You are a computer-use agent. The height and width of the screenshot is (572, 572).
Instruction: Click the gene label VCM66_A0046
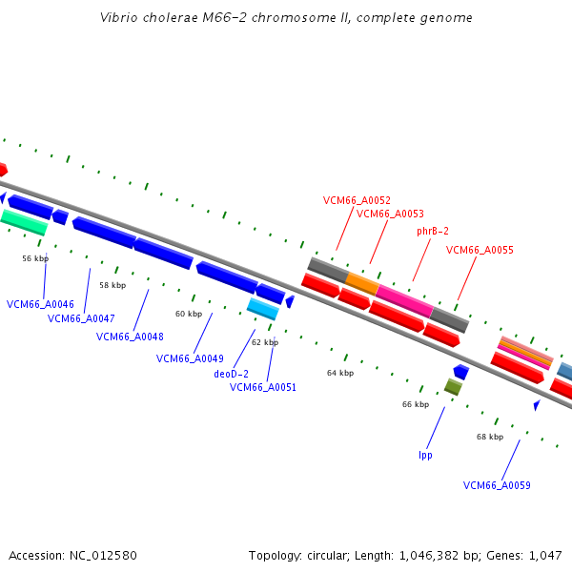coord(40,304)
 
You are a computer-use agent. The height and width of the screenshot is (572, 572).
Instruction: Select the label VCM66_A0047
coord(81,318)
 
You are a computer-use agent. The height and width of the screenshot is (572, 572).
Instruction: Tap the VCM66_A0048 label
coord(130,337)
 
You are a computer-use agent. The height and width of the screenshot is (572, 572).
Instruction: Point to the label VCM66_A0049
coord(190,358)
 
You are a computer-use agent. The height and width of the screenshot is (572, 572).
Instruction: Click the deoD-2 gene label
coord(231,374)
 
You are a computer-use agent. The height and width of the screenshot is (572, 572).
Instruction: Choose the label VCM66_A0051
coord(263,387)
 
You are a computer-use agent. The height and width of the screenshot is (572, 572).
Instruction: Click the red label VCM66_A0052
coord(357,200)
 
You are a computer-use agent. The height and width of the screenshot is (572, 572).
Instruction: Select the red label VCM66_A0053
coord(390,214)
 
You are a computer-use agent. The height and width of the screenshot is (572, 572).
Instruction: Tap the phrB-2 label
coord(433,231)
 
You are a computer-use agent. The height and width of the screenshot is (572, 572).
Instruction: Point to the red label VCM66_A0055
coord(480,250)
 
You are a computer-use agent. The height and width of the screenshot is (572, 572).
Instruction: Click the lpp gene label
coord(425,455)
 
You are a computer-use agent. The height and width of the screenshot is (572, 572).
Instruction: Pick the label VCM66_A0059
coord(497,485)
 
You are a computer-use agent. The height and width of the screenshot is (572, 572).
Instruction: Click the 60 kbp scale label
coord(189,314)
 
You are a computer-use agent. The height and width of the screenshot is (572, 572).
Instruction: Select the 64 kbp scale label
coord(340,373)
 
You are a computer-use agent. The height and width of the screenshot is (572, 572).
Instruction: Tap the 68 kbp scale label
coord(490,437)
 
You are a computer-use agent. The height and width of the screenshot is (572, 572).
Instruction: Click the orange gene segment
coord(362,283)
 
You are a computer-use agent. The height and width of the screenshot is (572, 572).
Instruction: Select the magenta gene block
coord(404,299)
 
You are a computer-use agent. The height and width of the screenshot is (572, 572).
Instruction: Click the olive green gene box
coord(453,387)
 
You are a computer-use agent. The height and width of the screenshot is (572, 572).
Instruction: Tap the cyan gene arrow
coord(262,309)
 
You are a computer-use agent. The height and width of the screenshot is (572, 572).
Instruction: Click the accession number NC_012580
coord(72,555)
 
